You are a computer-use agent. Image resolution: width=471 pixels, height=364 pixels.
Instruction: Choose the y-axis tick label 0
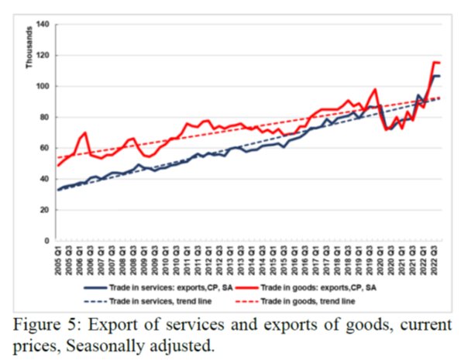tap(46, 241)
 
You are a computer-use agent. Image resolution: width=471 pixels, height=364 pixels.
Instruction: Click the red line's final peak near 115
tap(435, 62)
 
